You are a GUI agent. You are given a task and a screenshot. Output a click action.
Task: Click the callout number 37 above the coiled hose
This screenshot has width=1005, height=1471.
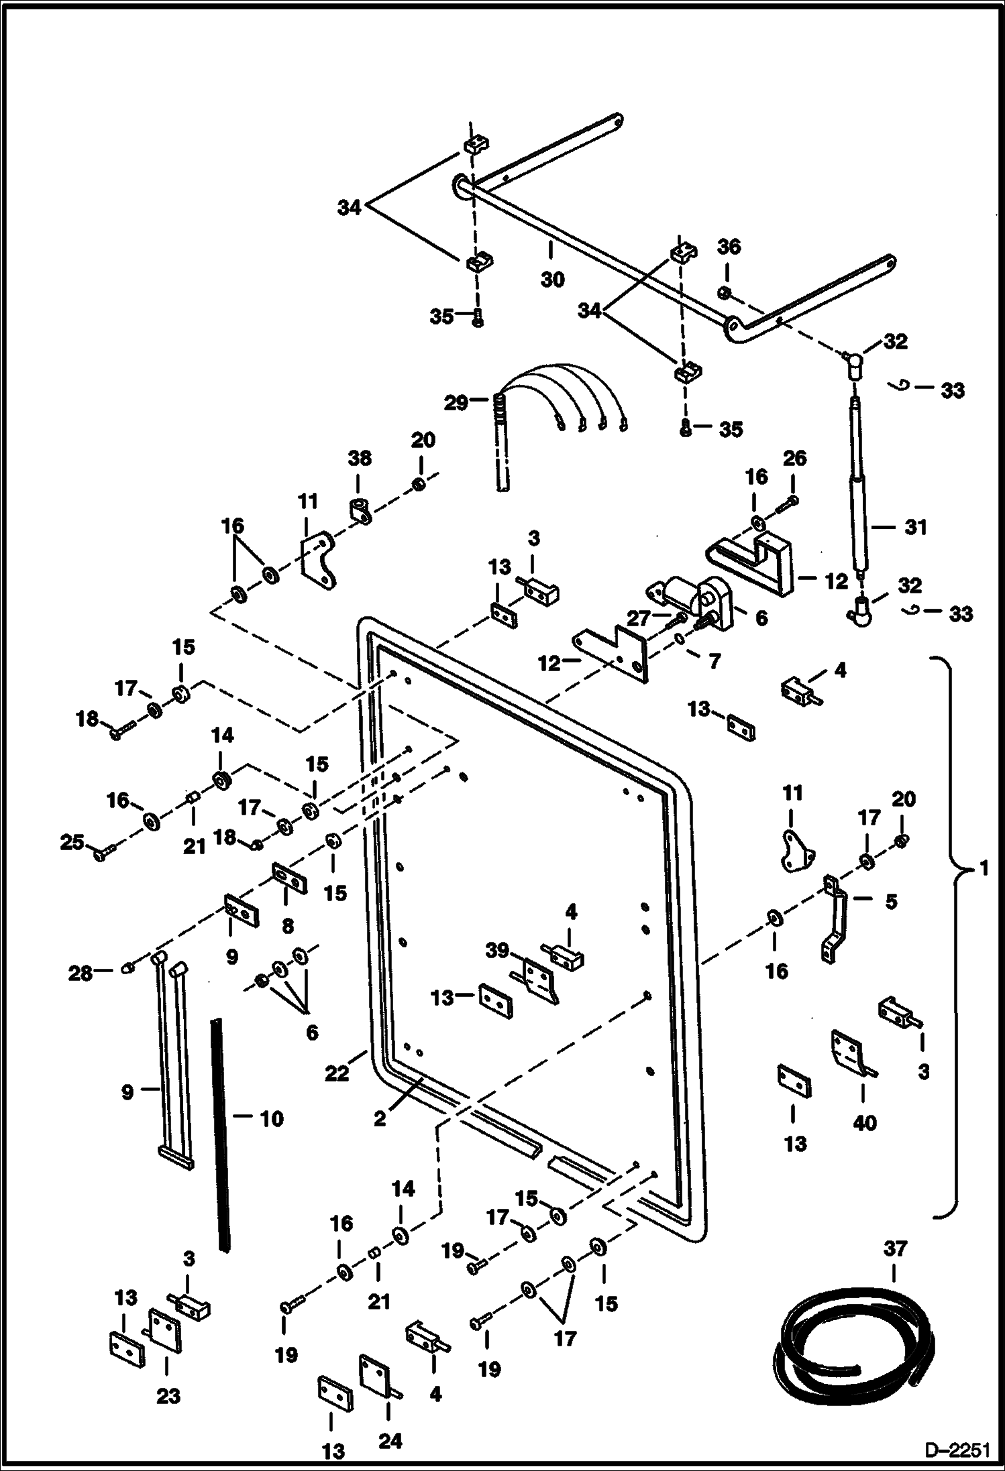point(895,1248)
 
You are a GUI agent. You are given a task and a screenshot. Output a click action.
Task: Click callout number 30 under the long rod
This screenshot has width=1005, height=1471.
point(552,279)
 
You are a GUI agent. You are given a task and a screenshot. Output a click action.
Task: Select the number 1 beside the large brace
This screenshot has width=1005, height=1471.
point(983,869)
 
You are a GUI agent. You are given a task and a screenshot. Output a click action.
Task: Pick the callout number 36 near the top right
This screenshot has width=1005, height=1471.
point(729,247)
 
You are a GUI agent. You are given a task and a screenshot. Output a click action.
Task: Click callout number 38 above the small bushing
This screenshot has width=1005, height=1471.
point(359,459)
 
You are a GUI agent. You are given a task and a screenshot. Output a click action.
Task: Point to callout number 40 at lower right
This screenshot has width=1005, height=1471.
point(864,1122)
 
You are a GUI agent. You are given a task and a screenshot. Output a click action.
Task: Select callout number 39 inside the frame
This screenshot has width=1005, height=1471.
point(497,950)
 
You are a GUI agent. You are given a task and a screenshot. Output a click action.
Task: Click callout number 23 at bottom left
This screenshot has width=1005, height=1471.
point(168,1395)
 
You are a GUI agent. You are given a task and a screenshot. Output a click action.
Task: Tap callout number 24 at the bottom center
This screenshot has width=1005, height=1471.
point(390,1440)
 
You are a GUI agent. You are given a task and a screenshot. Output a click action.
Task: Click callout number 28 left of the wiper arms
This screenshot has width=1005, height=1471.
point(80,973)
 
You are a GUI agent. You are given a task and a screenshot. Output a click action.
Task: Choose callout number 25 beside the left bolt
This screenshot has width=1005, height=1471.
point(72,842)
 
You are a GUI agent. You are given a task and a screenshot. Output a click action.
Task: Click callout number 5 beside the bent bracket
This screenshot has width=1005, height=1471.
point(890,901)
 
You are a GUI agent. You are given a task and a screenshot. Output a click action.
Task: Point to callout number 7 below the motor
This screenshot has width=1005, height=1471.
point(715,661)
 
